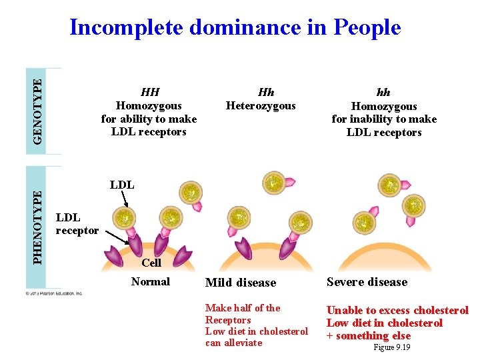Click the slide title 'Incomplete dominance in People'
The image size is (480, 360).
(x=235, y=27)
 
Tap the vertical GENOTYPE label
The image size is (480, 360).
(x=39, y=111)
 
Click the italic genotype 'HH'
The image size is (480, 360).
(x=149, y=92)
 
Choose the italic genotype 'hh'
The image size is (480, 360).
(x=383, y=93)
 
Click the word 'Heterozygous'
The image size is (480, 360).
(x=261, y=105)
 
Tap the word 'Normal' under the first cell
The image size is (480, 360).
(x=150, y=281)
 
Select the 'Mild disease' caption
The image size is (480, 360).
(x=240, y=283)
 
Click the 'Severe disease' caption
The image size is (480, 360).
(x=367, y=282)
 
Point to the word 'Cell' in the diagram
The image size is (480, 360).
(x=151, y=263)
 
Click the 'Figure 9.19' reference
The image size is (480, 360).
(x=391, y=347)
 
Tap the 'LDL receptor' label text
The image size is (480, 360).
(x=77, y=224)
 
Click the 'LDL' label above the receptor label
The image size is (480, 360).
(x=121, y=185)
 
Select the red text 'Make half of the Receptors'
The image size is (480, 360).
(x=242, y=314)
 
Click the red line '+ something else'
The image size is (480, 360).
(x=368, y=336)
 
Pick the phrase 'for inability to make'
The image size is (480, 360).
(x=384, y=119)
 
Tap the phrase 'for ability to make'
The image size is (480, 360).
(x=149, y=119)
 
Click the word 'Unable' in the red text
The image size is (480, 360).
(x=343, y=311)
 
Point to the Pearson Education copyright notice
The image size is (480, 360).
(x=54, y=293)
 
